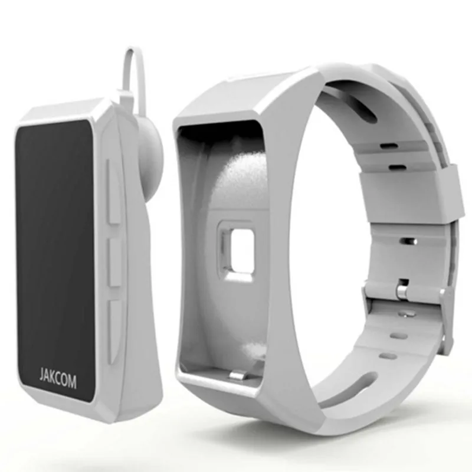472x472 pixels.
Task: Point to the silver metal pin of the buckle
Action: pos(401,291)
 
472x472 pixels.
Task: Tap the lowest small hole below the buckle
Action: pos(388,356)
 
